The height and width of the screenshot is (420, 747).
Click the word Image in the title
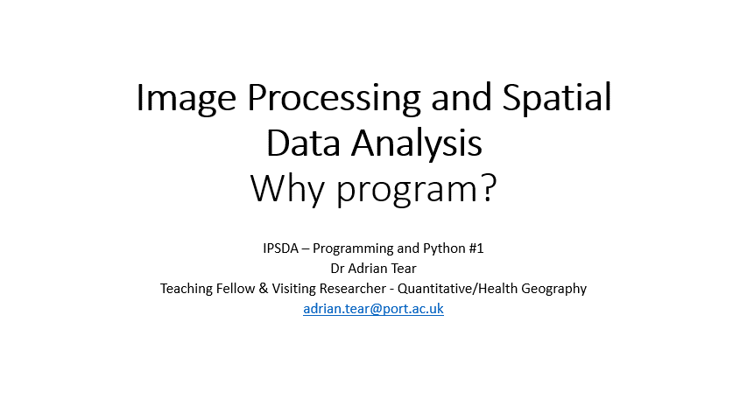(186, 99)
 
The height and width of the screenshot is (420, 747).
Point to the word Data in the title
(304, 143)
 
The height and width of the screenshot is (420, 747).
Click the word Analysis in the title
(417, 144)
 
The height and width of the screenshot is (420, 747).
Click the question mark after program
(490, 187)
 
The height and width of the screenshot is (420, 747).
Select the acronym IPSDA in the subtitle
(280, 248)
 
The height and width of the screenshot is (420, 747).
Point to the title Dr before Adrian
(337, 269)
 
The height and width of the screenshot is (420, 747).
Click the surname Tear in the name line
(404, 269)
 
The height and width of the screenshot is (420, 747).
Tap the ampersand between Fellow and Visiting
(264, 289)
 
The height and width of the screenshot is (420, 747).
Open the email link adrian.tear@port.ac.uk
(373, 309)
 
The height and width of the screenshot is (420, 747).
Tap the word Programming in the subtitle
(353, 248)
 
